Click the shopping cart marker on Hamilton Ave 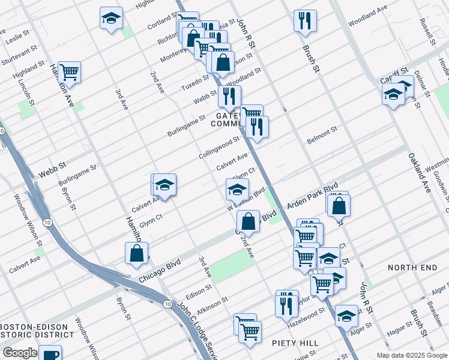(70, 73)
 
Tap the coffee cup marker (50, 354)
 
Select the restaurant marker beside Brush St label (305, 21)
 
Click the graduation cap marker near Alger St (346, 316)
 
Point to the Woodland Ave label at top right (367, 11)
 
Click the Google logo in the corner (20, 353)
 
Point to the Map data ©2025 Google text (411, 355)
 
